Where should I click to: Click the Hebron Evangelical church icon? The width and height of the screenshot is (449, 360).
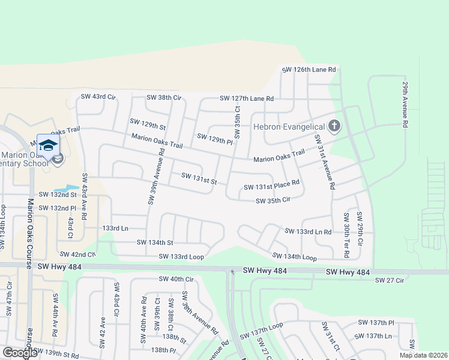click(335, 127)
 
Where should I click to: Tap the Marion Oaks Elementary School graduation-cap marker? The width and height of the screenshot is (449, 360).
click(48, 146)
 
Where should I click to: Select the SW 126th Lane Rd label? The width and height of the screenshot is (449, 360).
click(309, 70)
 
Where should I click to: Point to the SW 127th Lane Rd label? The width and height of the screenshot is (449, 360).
click(247, 98)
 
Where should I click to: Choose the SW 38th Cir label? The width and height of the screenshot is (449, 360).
click(164, 97)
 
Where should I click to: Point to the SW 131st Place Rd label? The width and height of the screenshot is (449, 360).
click(271, 187)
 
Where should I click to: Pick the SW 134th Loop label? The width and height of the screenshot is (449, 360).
click(294, 256)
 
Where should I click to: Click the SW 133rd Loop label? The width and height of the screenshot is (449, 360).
click(181, 257)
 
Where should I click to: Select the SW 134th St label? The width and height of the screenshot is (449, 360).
click(155, 242)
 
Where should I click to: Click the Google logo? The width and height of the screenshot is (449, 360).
click(20, 353)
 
